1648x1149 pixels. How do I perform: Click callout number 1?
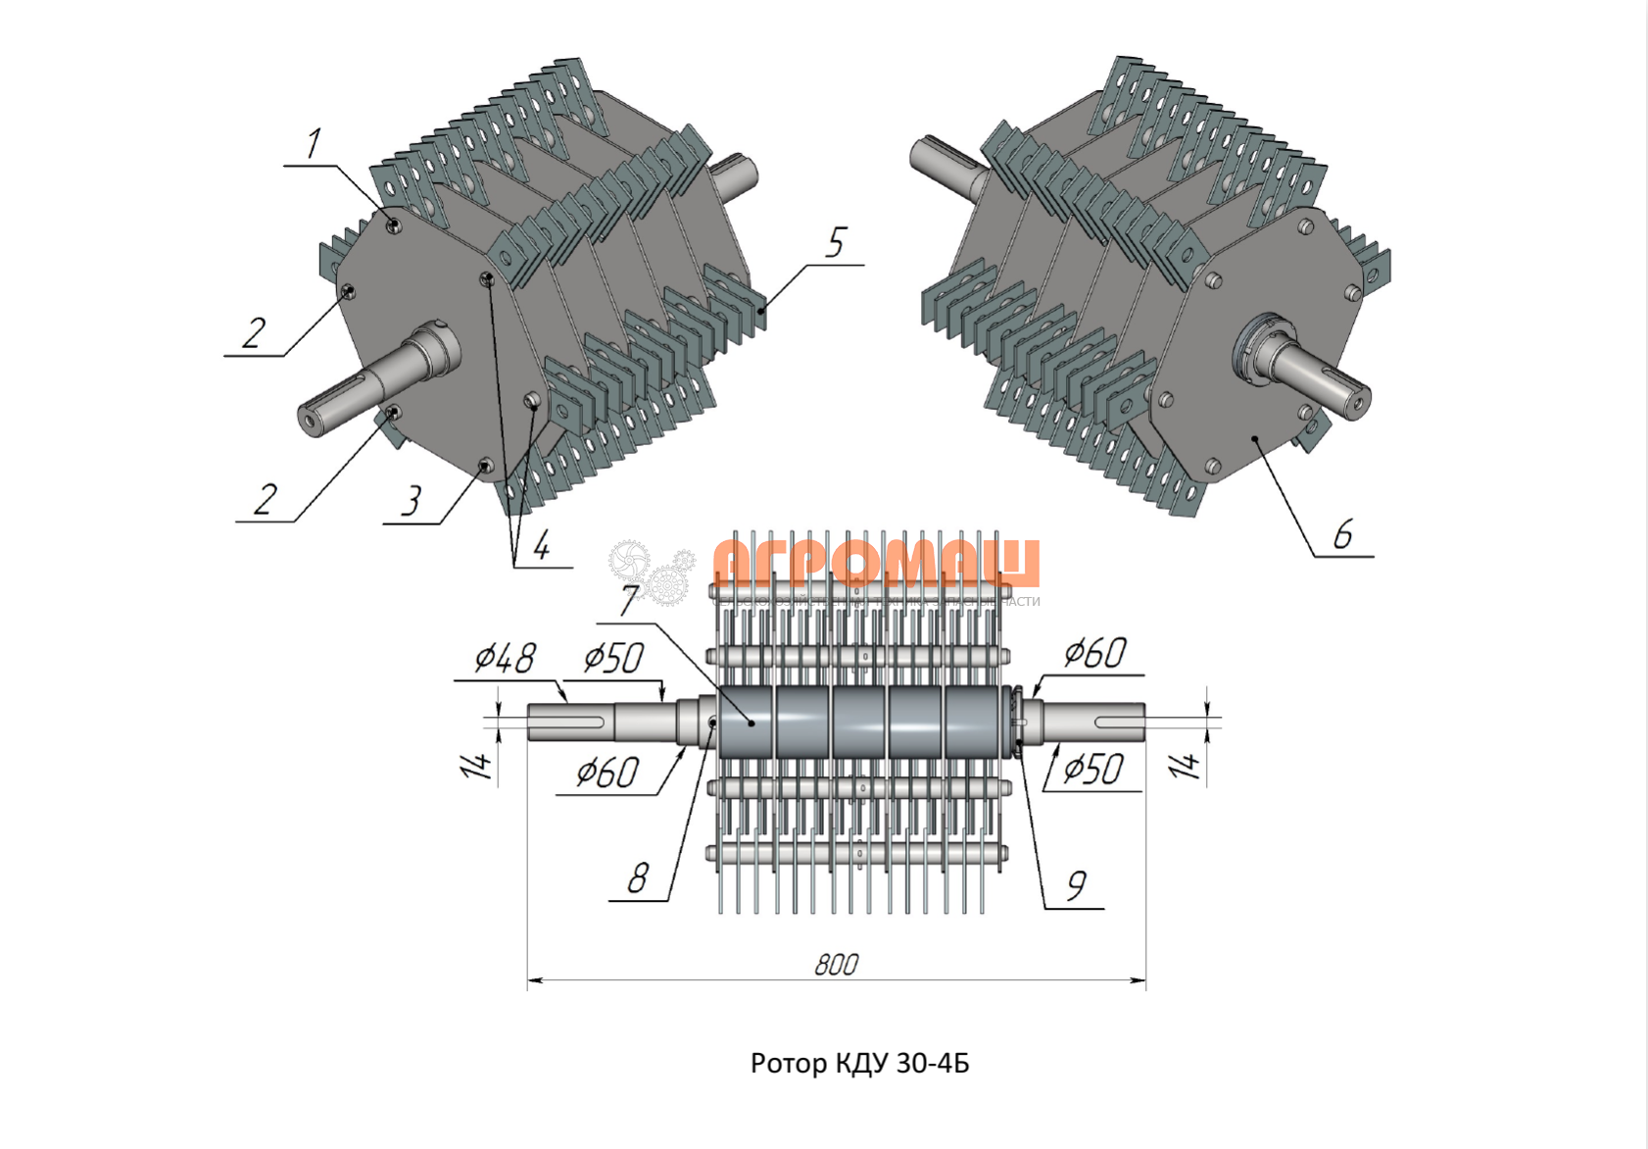(313, 145)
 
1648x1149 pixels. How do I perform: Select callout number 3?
(411, 500)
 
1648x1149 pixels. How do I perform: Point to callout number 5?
(835, 242)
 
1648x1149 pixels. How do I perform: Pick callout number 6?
(1342, 534)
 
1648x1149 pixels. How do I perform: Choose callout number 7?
(629, 599)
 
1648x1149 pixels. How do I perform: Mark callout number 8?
(638, 877)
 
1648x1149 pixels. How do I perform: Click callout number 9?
(1076, 885)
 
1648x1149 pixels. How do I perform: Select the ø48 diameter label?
(505, 658)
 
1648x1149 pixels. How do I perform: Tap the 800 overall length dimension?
(836, 965)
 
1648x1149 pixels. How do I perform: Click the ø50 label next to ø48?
(613, 658)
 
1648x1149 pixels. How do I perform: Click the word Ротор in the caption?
(789, 1064)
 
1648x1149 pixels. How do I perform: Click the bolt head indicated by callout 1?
(393, 225)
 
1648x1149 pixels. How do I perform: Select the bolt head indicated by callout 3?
(484, 465)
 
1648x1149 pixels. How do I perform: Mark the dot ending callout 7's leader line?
(751, 723)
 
